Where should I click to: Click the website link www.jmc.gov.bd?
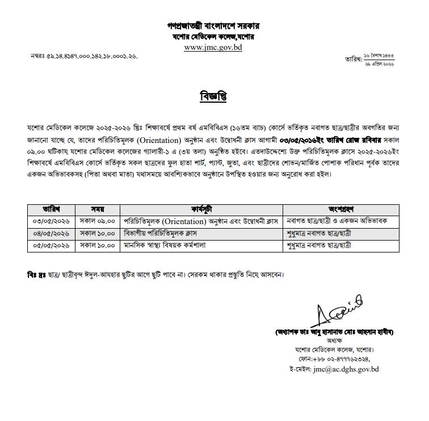(x=213, y=48)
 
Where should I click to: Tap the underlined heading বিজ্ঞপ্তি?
(x=213, y=96)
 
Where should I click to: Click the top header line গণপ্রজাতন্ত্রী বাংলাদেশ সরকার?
(x=213, y=26)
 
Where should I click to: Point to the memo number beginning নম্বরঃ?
(x=83, y=57)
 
